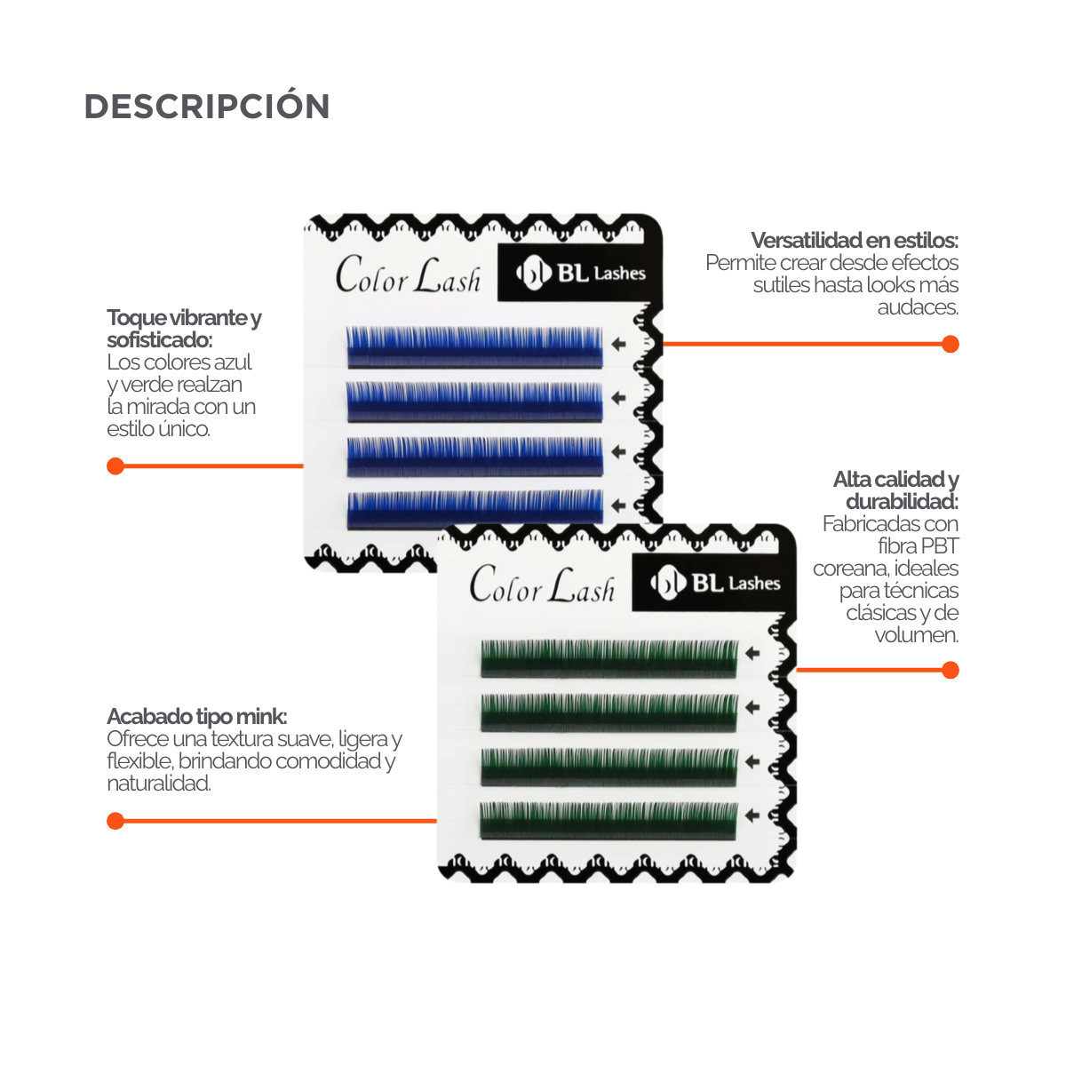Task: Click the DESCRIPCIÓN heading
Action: pos(207,107)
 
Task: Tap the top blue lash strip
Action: pos(473,346)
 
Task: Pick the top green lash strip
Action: pos(609,657)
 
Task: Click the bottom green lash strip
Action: pos(609,820)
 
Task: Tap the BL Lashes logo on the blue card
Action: pos(581,273)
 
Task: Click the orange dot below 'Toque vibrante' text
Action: pos(115,465)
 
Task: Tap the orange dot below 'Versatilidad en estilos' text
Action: pos(950,344)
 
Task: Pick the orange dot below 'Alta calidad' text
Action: pos(950,670)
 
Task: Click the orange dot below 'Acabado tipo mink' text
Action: pos(115,821)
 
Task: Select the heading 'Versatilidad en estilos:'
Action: pos(855,241)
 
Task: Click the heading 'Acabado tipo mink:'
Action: pos(196,717)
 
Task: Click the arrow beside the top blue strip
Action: pos(619,342)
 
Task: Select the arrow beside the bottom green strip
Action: pos(752,815)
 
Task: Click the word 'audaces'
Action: pos(918,307)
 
